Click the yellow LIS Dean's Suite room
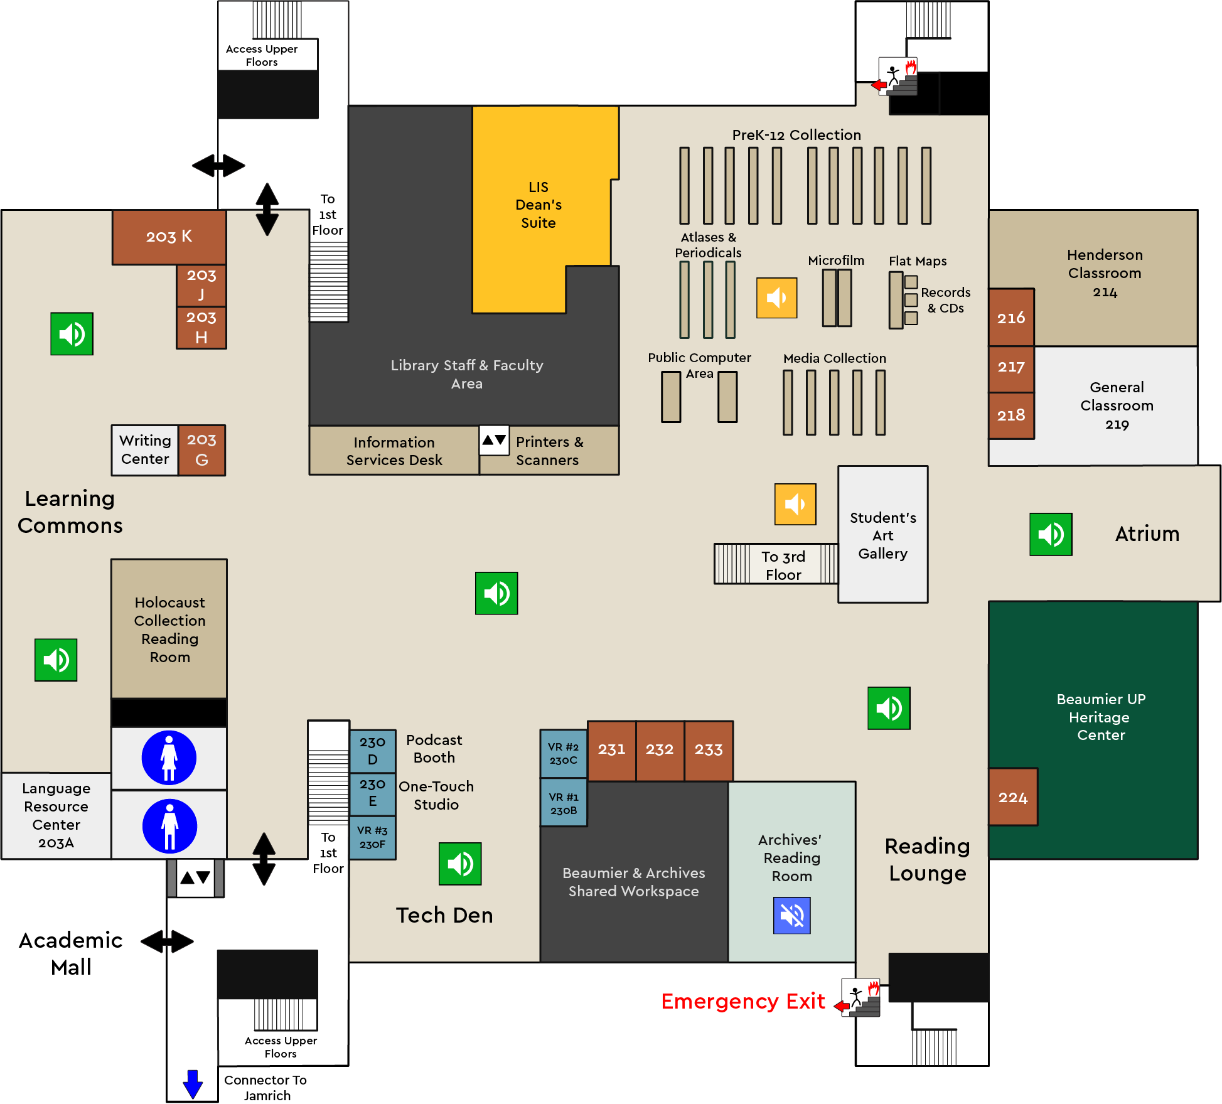pyautogui.click(x=539, y=205)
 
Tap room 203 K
pyautogui.click(x=169, y=237)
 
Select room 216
pyautogui.click(x=1010, y=318)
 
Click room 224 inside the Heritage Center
pyautogui.click(x=1012, y=797)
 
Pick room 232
pyautogui.click(x=659, y=749)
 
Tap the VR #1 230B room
pyautogui.click(x=563, y=803)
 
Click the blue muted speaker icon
pyautogui.click(x=791, y=916)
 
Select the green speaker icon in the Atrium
pyautogui.click(x=1050, y=534)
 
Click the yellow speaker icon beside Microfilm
pyautogui.click(x=776, y=298)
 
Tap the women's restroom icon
pyautogui.click(x=169, y=758)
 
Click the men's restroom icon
pyautogui.click(x=169, y=826)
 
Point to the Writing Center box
pyautogui.click(x=145, y=450)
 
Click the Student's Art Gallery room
pyautogui.click(x=882, y=535)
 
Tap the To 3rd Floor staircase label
pyautogui.click(x=783, y=565)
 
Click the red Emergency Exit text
pyautogui.click(x=742, y=1001)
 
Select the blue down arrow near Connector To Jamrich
pyautogui.click(x=193, y=1084)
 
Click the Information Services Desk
pyautogui.click(x=394, y=451)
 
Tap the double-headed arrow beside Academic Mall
pyautogui.click(x=167, y=941)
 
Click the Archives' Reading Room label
pyautogui.click(x=791, y=857)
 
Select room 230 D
pyautogui.click(x=372, y=751)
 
